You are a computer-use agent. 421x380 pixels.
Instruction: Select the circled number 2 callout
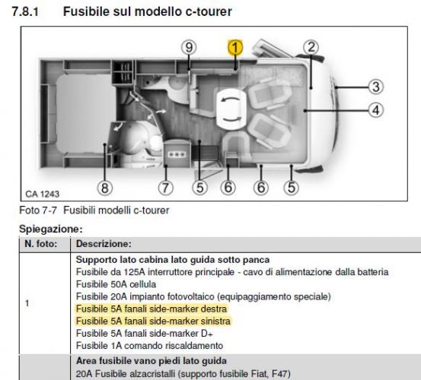click(311, 47)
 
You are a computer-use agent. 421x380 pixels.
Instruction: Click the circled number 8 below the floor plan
click(104, 187)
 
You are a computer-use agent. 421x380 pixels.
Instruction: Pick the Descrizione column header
click(101, 245)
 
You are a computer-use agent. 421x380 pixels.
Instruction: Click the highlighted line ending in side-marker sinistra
click(152, 321)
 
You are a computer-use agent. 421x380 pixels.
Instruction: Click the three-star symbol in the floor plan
click(177, 153)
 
